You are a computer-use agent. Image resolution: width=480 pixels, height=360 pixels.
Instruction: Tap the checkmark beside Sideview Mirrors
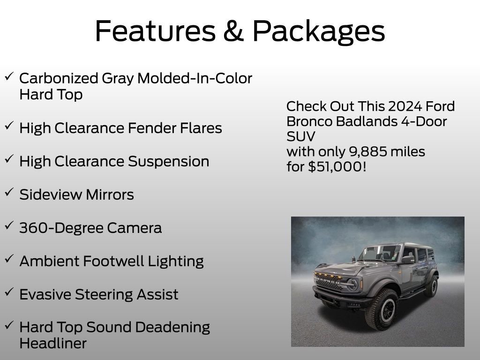pos(9,192)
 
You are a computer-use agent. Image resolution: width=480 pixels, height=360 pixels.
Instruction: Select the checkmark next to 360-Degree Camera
pos(9,225)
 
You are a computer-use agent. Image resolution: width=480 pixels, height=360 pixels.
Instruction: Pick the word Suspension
pos(168,162)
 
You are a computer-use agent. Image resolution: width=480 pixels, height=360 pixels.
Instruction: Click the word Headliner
pos(53,343)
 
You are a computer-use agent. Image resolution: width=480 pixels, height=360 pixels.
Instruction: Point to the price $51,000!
pos(337,167)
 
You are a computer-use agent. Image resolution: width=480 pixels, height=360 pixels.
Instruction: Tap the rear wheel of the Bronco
pos(431,285)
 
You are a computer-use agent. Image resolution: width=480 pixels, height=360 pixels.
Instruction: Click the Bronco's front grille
pos(329,283)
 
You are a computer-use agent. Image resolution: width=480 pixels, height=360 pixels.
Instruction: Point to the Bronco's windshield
pos(380,254)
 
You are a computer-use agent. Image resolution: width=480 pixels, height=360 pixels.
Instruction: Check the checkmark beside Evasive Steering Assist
pos(9,292)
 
